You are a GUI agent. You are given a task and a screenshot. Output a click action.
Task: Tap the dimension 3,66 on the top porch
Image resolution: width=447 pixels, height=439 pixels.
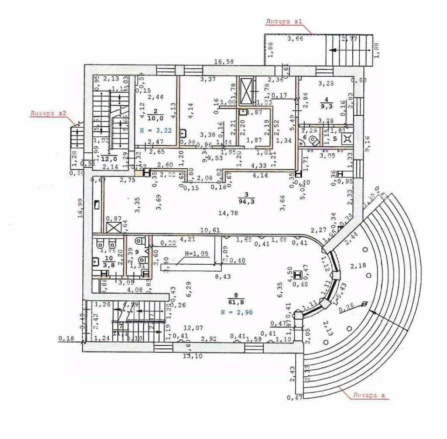coord(295,39)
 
